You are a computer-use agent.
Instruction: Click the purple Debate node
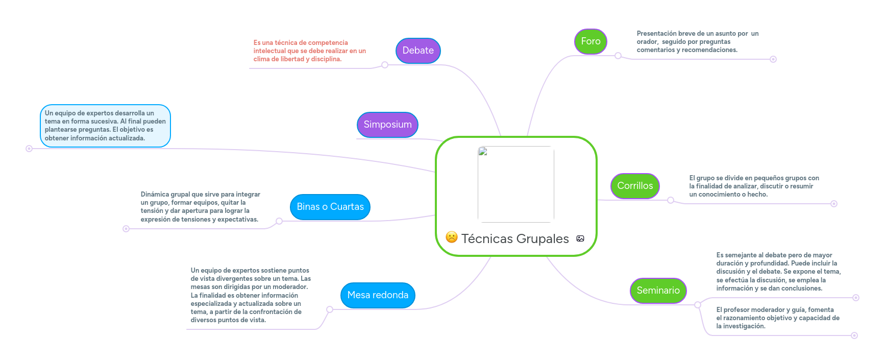(418, 51)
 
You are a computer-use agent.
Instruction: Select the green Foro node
(591, 41)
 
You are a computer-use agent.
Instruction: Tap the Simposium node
(387, 125)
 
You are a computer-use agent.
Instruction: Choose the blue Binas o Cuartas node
(330, 207)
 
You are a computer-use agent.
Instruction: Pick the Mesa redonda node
(378, 295)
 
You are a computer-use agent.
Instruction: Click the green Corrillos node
(635, 186)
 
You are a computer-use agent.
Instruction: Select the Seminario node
(658, 291)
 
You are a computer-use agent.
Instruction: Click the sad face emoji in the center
(452, 237)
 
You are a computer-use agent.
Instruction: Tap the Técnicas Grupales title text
(515, 238)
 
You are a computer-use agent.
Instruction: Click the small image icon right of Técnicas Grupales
(580, 238)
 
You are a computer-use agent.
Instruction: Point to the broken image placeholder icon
(483, 151)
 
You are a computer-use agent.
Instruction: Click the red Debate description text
(309, 51)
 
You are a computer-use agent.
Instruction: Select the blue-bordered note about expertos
(105, 126)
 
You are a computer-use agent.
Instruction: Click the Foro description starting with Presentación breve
(697, 42)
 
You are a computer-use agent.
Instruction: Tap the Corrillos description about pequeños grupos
(754, 186)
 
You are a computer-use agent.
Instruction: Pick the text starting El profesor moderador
(777, 318)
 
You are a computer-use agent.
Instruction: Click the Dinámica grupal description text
(200, 207)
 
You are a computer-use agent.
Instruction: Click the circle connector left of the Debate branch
(385, 65)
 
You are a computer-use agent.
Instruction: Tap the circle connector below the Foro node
(618, 56)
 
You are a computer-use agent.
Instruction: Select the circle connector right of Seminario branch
(698, 305)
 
